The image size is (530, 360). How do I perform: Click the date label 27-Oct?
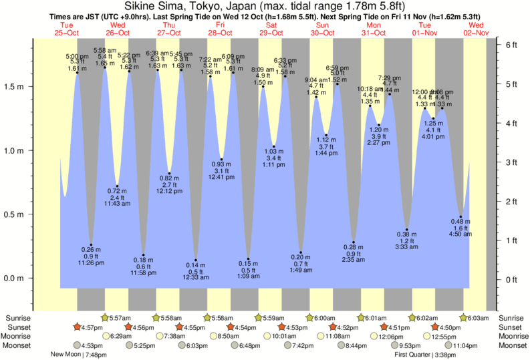[x=168, y=32]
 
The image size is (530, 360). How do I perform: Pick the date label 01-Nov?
[x=424, y=32]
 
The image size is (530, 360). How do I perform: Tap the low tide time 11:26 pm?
[x=91, y=262]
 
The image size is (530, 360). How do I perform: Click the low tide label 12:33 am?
[x=196, y=278]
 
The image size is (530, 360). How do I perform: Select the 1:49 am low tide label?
[x=301, y=270]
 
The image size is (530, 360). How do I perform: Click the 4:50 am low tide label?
[x=460, y=234]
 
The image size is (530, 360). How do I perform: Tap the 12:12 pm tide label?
[x=170, y=191]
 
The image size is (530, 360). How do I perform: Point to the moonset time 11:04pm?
[x=465, y=345]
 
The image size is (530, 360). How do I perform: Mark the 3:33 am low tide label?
[x=406, y=247]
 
